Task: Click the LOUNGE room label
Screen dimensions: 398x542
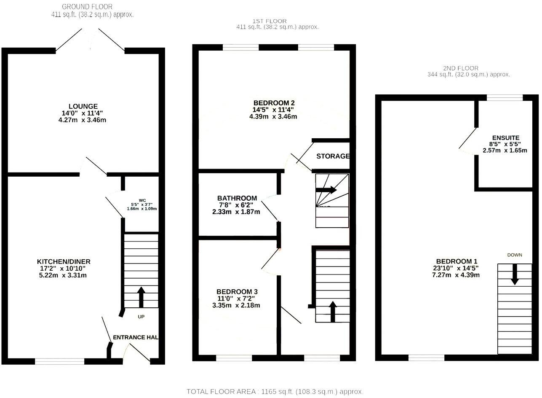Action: point(83,106)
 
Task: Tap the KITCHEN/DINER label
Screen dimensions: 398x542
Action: point(63,261)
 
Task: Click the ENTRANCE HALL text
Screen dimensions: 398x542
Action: point(135,337)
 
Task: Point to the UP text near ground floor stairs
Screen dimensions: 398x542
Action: point(141,316)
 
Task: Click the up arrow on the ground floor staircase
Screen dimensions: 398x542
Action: point(141,297)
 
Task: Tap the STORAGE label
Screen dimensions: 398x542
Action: point(333,156)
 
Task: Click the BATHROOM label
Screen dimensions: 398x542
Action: point(237,198)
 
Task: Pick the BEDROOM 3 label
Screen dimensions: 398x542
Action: point(237,292)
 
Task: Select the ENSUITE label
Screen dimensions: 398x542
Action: point(505,138)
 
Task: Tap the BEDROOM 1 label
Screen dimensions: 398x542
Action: point(457,261)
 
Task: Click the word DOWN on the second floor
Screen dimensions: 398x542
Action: point(515,255)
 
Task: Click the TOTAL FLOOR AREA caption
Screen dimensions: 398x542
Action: point(275,392)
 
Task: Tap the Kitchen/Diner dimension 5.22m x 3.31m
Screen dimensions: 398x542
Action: point(63,275)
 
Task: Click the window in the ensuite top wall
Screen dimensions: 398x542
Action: point(505,97)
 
